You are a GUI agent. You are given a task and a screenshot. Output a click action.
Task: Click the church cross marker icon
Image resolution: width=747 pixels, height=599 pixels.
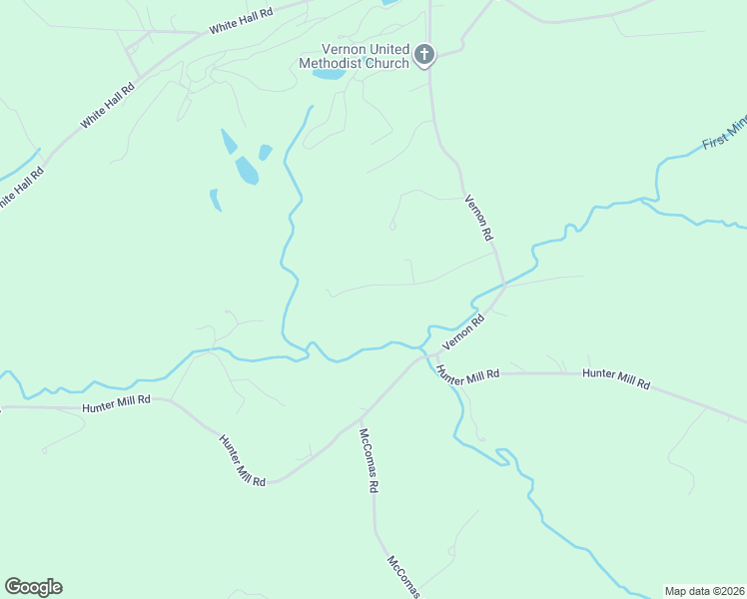(424, 54)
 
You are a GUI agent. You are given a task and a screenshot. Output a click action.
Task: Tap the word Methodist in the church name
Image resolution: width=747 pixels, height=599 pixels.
(337, 63)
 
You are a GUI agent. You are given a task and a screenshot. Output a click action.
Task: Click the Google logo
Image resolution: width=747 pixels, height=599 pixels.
(33, 587)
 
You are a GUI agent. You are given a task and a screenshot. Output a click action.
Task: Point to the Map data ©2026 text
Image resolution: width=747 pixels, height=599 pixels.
(705, 591)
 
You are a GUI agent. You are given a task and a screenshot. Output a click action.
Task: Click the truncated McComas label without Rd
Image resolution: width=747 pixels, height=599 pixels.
(404, 577)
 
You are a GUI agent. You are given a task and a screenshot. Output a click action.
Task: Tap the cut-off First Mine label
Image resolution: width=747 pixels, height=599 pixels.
(725, 133)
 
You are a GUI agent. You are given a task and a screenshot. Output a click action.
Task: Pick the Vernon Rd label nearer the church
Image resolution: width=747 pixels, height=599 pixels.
(480, 217)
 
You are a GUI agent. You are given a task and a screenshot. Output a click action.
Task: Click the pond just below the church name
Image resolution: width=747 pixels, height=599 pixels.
(329, 74)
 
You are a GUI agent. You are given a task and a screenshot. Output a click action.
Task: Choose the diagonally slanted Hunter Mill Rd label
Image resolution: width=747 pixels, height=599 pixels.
(242, 460)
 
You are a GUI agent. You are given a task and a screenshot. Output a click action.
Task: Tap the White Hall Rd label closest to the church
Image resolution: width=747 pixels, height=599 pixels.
(241, 21)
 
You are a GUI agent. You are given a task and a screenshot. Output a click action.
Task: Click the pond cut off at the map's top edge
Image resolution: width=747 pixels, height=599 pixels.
(389, 3)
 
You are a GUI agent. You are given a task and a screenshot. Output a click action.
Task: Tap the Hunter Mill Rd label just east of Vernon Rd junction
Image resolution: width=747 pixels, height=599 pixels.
(466, 373)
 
